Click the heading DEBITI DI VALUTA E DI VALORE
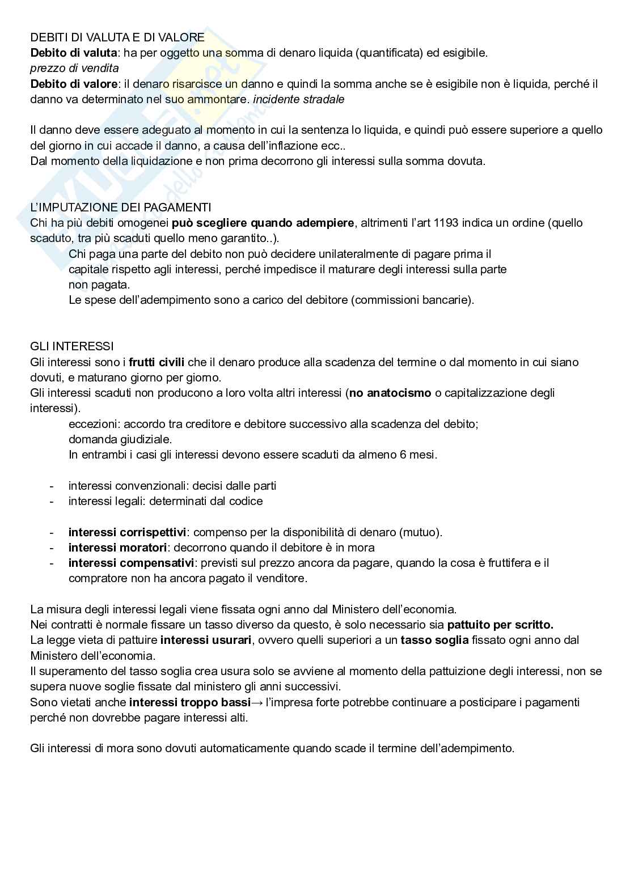point(117,37)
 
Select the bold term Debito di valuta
point(73,53)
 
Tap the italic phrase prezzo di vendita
point(74,69)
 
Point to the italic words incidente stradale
point(299,99)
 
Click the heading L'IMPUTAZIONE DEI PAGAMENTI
point(121,207)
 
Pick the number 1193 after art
point(446,223)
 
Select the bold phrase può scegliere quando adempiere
point(263,223)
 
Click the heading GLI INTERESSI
point(72,346)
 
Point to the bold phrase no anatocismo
point(390,393)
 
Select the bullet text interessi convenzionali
point(129,486)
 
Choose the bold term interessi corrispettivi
point(127,532)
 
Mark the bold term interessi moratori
point(117,548)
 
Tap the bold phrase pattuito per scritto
point(500,625)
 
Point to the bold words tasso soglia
point(434,641)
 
